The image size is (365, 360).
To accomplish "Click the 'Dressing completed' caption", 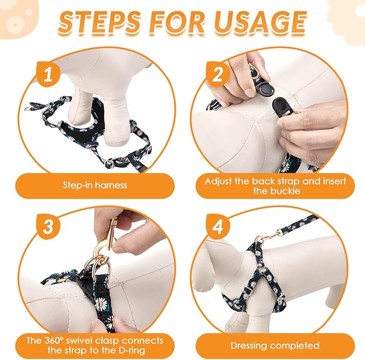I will [x=274, y=345].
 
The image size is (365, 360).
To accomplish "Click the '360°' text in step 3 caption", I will [x=55, y=340].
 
